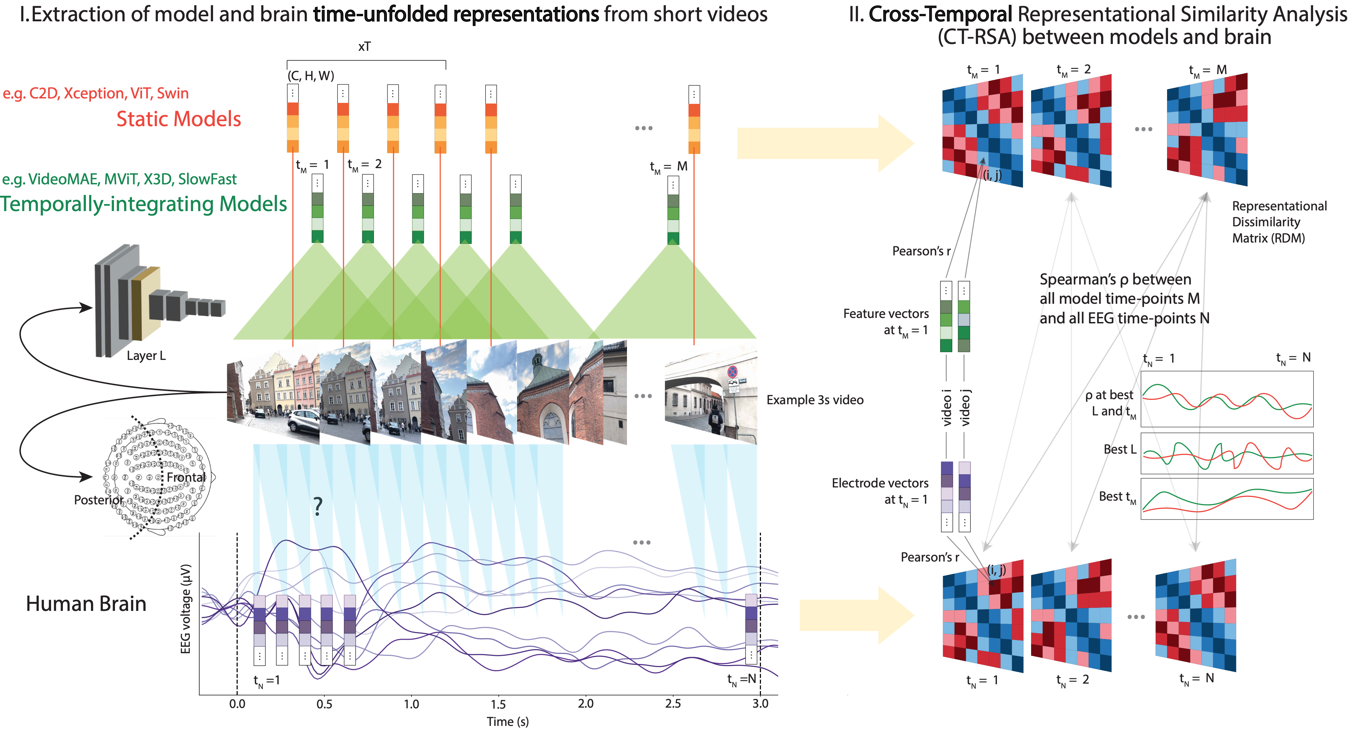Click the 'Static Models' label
click(179, 119)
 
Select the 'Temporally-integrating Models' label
click(143, 204)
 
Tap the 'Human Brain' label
click(86, 604)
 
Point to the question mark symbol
click(318, 506)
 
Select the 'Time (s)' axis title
click(508, 722)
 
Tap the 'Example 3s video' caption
click(815, 400)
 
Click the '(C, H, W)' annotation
click(311, 76)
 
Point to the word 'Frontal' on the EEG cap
click(186, 477)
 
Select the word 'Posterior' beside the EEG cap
click(98, 500)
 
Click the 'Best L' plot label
click(1119, 450)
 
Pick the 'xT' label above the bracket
click(364, 47)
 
